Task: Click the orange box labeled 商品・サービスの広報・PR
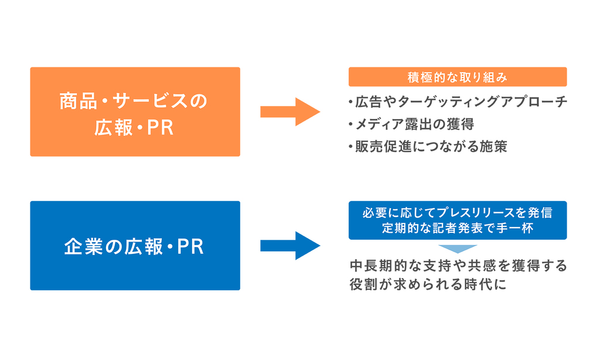135,112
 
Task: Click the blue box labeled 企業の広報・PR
135,246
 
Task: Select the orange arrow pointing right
290,112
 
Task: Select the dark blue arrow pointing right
290,246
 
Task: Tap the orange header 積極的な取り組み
458,77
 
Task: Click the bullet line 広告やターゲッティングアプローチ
458,102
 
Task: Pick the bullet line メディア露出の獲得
410,124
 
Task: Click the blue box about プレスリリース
458,220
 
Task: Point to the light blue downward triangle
458,248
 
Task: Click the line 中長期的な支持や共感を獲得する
458,266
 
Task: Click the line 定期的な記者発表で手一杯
458,229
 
